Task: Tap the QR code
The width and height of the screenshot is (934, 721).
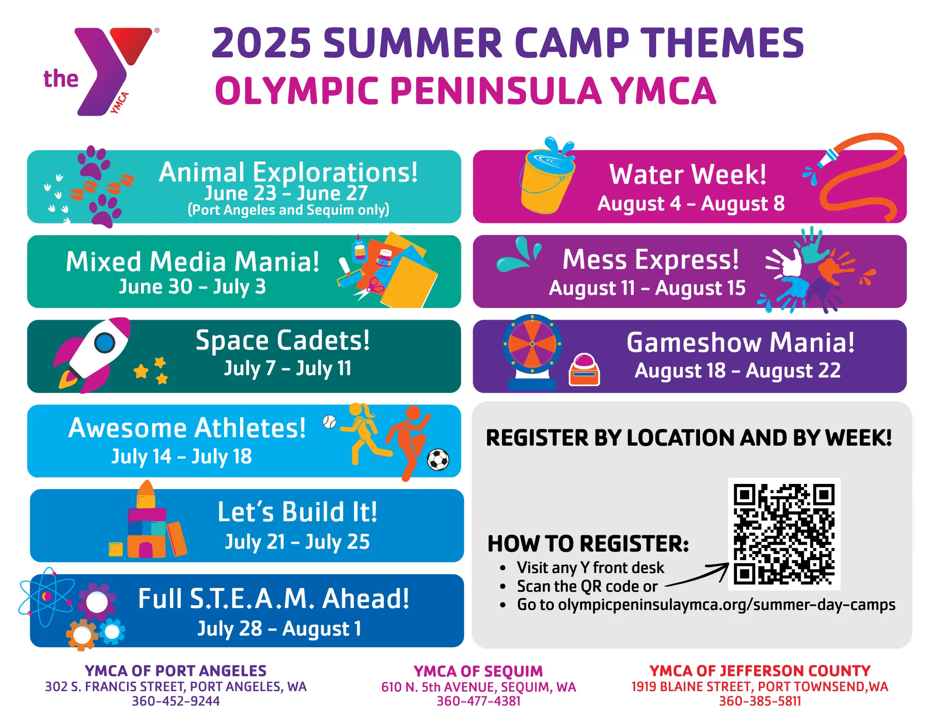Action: tap(784, 534)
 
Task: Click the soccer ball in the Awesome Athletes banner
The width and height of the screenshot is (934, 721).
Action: tap(438, 460)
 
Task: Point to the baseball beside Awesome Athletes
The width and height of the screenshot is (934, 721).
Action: tap(329, 422)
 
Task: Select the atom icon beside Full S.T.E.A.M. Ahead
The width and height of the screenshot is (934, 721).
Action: tap(46, 597)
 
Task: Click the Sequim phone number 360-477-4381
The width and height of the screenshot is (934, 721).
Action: tap(478, 701)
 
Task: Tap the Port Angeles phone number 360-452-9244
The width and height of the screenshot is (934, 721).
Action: tap(176, 701)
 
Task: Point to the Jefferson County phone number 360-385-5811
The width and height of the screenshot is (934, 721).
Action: tap(760, 701)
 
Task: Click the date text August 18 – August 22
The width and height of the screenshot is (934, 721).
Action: tap(737, 371)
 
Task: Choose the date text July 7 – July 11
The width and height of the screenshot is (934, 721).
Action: tap(287, 368)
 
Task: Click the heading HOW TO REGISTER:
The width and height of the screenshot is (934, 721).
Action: tap(588, 544)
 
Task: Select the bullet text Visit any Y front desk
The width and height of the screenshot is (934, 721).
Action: tap(590, 567)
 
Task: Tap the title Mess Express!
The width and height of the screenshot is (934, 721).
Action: tap(651, 259)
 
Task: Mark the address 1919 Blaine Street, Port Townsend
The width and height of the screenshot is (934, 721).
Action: tap(760, 686)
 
